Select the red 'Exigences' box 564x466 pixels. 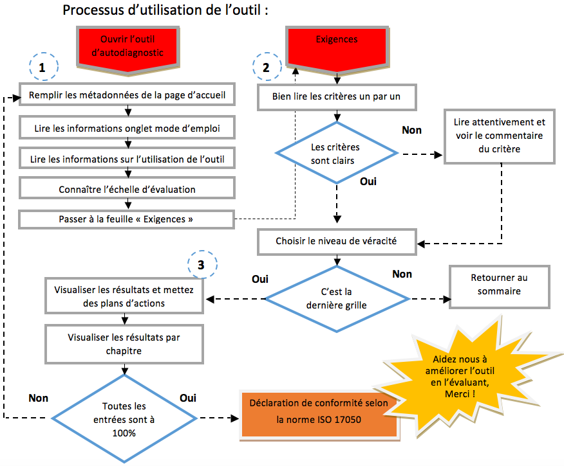click(337, 46)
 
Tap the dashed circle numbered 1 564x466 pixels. click(42, 67)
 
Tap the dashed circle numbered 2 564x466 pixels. click(267, 66)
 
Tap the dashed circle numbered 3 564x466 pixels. click(203, 264)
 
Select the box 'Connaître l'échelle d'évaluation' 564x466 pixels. click(126, 189)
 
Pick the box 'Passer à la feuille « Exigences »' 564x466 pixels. click(126, 220)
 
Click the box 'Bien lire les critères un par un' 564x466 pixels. click(337, 97)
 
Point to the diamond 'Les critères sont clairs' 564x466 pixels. click(337, 154)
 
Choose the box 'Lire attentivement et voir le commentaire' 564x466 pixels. click(499, 135)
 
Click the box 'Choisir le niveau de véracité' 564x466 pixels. click(336, 242)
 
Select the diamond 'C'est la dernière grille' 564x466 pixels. click(337, 299)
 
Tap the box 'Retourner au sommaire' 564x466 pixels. click(499, 284)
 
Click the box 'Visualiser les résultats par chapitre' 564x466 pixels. click(123, 344)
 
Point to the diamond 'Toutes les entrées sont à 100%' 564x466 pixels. click(123, 420)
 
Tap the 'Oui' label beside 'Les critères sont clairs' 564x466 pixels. click(368, 181)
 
